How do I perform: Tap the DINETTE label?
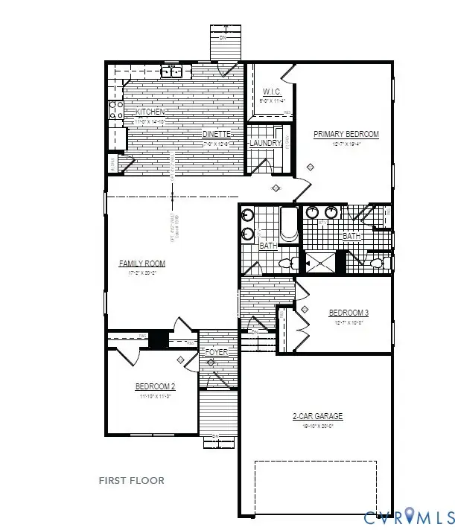[216, 134]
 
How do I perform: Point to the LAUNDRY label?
[265, 143]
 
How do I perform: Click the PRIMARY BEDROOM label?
[346, 135]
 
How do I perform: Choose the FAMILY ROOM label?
[142, 264]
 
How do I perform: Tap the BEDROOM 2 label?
[155, 386]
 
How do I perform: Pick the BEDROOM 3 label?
[349, 313]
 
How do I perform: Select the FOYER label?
[217, 352]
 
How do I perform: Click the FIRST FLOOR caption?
[132, 481]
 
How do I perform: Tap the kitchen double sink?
[174, 72]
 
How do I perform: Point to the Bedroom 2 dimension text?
[155, 396]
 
